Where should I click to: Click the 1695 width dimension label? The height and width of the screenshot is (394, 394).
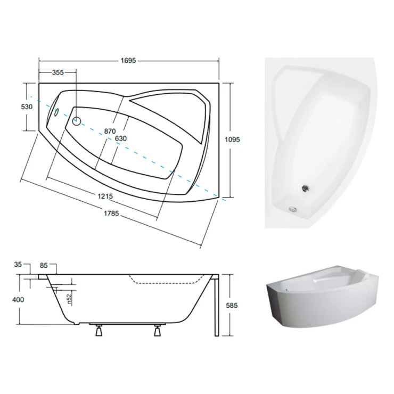coord(128,61)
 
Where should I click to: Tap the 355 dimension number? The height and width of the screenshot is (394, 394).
coord(58,72)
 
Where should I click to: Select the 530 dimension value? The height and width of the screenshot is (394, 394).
coord(27,107)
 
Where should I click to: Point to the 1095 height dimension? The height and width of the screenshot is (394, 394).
coord(232,139)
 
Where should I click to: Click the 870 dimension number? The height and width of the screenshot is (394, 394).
coord(110,131)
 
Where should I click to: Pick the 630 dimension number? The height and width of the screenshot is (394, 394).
coord(121,138)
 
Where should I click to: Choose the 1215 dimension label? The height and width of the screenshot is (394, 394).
coord(105,196)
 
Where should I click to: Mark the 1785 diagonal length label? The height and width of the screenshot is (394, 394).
coord(111,214)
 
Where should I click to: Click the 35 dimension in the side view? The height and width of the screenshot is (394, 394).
coord(18,264)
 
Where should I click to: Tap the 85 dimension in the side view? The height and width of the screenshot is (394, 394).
coord(44,265)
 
